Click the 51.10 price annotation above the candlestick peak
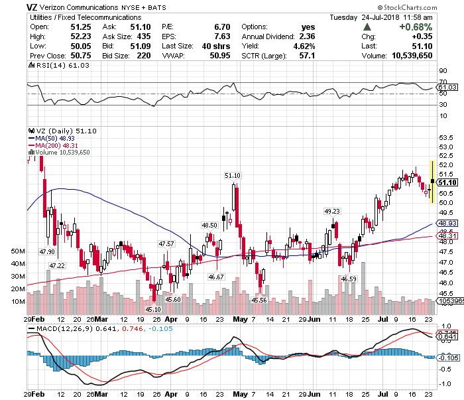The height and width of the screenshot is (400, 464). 233,175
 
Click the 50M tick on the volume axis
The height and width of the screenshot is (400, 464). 18,251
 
